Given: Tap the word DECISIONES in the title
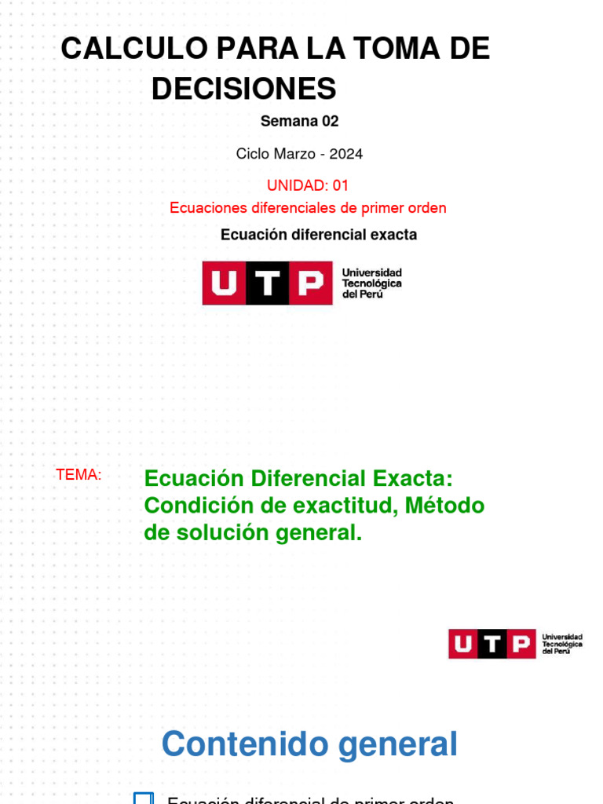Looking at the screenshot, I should (x=243, y=89).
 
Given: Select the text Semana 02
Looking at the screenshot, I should (x=299, y=121).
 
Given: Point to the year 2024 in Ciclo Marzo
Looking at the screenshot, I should (x=346, y=154).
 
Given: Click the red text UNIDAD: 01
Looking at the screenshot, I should (x=308, y=185).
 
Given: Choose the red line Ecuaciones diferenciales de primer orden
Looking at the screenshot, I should (x=308, y=208).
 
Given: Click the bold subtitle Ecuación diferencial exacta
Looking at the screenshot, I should (x=319, y=235).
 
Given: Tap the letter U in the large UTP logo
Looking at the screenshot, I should (x=224, y=283).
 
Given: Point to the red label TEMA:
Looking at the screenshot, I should (x=79, y=475).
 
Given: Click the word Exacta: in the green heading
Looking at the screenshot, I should (x=413, y=478).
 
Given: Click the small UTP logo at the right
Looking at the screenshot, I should (x=515, y=644).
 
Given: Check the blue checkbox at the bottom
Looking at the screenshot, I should (x=143, y=798).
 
